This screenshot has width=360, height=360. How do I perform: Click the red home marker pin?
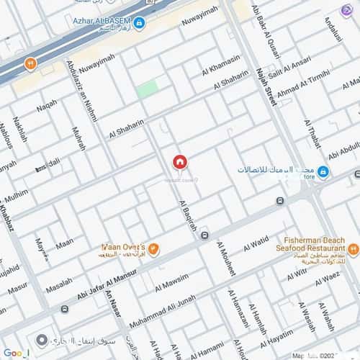click(179, 163)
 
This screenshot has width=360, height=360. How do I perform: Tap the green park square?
click(148, 89)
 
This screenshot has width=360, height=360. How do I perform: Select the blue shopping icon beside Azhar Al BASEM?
click(139, 23)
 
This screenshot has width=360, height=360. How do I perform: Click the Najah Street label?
click(266, 87)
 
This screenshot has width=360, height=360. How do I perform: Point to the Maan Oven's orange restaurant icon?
click(153, 249)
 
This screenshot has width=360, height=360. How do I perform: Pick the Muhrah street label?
click(78, 138)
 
